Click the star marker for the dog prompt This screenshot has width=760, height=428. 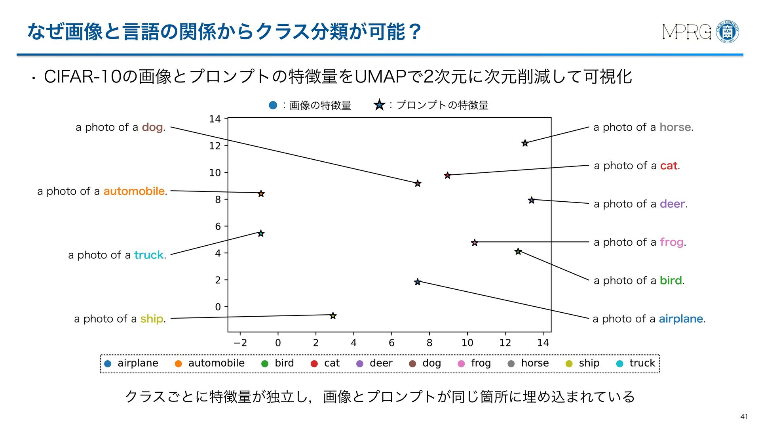[x=418, y=183]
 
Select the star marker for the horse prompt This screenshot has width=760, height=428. [x=525, y=143]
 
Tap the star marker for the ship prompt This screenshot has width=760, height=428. [x=333, y=316]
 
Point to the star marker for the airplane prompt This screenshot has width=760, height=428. [x=417, y=282]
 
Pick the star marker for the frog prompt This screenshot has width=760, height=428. [x=474, y=243]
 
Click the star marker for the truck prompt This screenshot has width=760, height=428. [x=261, y=233]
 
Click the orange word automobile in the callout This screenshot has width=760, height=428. [x=134, y=191]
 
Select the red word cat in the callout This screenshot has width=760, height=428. [x=669, y=166]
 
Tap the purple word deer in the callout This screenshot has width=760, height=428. [x=672, y=204]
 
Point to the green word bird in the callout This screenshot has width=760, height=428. [x=671, y=281]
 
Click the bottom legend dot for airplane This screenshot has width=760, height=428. [x=108, y=363]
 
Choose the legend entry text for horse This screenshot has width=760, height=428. [x=535, y=363]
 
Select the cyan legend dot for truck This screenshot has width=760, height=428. [x=620, y=363]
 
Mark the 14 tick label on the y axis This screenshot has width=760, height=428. [x=215, y=119]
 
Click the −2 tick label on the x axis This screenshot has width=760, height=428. [x=240, y=343]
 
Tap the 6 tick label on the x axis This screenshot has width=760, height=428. [x=391, y=343]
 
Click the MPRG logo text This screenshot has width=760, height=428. [x=686, y=32]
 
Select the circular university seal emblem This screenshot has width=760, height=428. [x=728, y=32]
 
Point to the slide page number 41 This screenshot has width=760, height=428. [x=744, y=416]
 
